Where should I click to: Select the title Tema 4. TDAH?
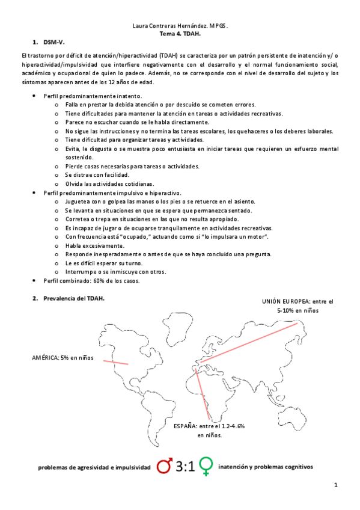pos(180,35)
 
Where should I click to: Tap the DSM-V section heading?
pos(53,43)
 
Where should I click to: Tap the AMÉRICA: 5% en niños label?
pos(63,357)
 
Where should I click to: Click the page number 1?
pos(337,485)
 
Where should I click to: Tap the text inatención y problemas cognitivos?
pos(265,467)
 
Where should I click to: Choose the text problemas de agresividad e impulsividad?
pos(93,467)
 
